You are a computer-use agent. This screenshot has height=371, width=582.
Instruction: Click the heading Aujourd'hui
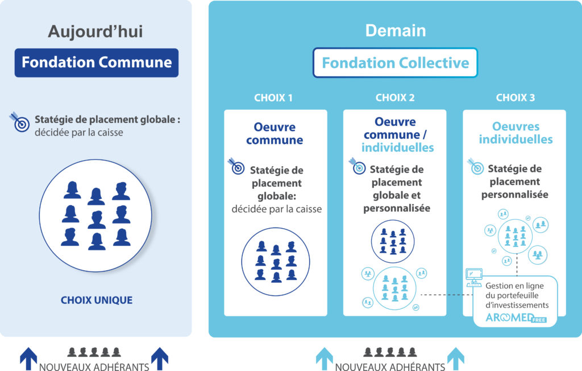click(x=95, y=31)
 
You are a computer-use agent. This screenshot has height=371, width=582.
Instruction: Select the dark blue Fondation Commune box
click(x=97, y=63)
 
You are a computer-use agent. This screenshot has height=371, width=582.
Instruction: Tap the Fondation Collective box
click(x=395, y=63)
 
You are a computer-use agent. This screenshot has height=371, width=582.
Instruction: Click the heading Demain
click(x=395, y=30)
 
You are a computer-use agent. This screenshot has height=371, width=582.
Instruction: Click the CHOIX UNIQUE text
click(x=97, y=300)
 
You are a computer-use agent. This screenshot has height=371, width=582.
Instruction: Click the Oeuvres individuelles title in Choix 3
click(x=515, y=133)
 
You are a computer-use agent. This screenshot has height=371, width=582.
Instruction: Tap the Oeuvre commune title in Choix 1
click(x=275, y=134)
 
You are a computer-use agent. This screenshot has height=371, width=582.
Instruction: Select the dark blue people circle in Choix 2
click(x=392, y=241)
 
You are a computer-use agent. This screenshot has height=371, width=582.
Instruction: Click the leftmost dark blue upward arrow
click(x=28, y=358)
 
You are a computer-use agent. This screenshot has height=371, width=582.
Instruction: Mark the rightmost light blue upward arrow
click(x=455, y=358)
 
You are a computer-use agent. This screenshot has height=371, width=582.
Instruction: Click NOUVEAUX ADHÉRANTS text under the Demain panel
click(x=390, y=366)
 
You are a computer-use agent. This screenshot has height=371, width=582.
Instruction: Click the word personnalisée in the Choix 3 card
click(x=514, y=195)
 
